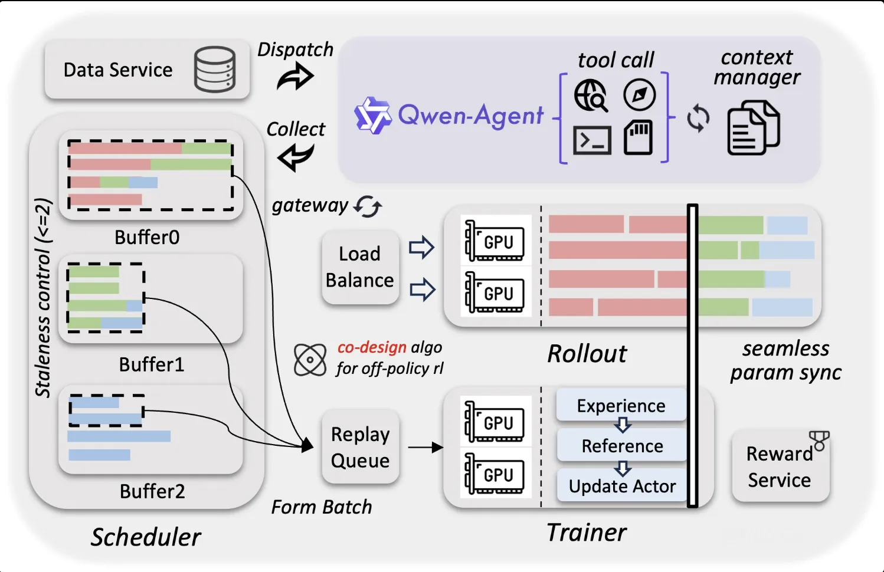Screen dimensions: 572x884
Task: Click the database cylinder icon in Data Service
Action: pos(215,70)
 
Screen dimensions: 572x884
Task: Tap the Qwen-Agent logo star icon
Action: pos(372,115)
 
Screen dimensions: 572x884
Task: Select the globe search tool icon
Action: pos(591,96)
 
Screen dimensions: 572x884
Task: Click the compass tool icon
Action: pos(639,95)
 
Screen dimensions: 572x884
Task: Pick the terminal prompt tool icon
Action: pos(591,140)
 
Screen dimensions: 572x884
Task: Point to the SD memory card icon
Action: pos(639,137)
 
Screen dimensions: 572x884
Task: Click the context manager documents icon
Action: pos(753,128)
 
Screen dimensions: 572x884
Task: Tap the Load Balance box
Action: pos(360,267)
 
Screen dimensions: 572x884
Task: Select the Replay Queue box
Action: pos(360,447)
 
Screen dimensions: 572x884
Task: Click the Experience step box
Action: pos(621,405)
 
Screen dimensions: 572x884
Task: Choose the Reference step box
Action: pos(622,446)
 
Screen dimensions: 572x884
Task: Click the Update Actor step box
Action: pos(622,486)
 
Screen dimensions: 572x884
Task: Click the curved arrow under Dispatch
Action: pos(295,77)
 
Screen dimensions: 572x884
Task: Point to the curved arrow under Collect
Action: pos(295,157)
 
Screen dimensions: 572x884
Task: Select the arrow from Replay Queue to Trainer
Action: pos(425,448)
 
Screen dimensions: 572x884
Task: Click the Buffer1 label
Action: pos(152,364)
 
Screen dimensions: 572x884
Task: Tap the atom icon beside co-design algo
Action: pos(310,359)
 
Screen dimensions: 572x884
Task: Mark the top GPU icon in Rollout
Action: pos(495,241)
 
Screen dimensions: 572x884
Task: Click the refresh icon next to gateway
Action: pos(368,206)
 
